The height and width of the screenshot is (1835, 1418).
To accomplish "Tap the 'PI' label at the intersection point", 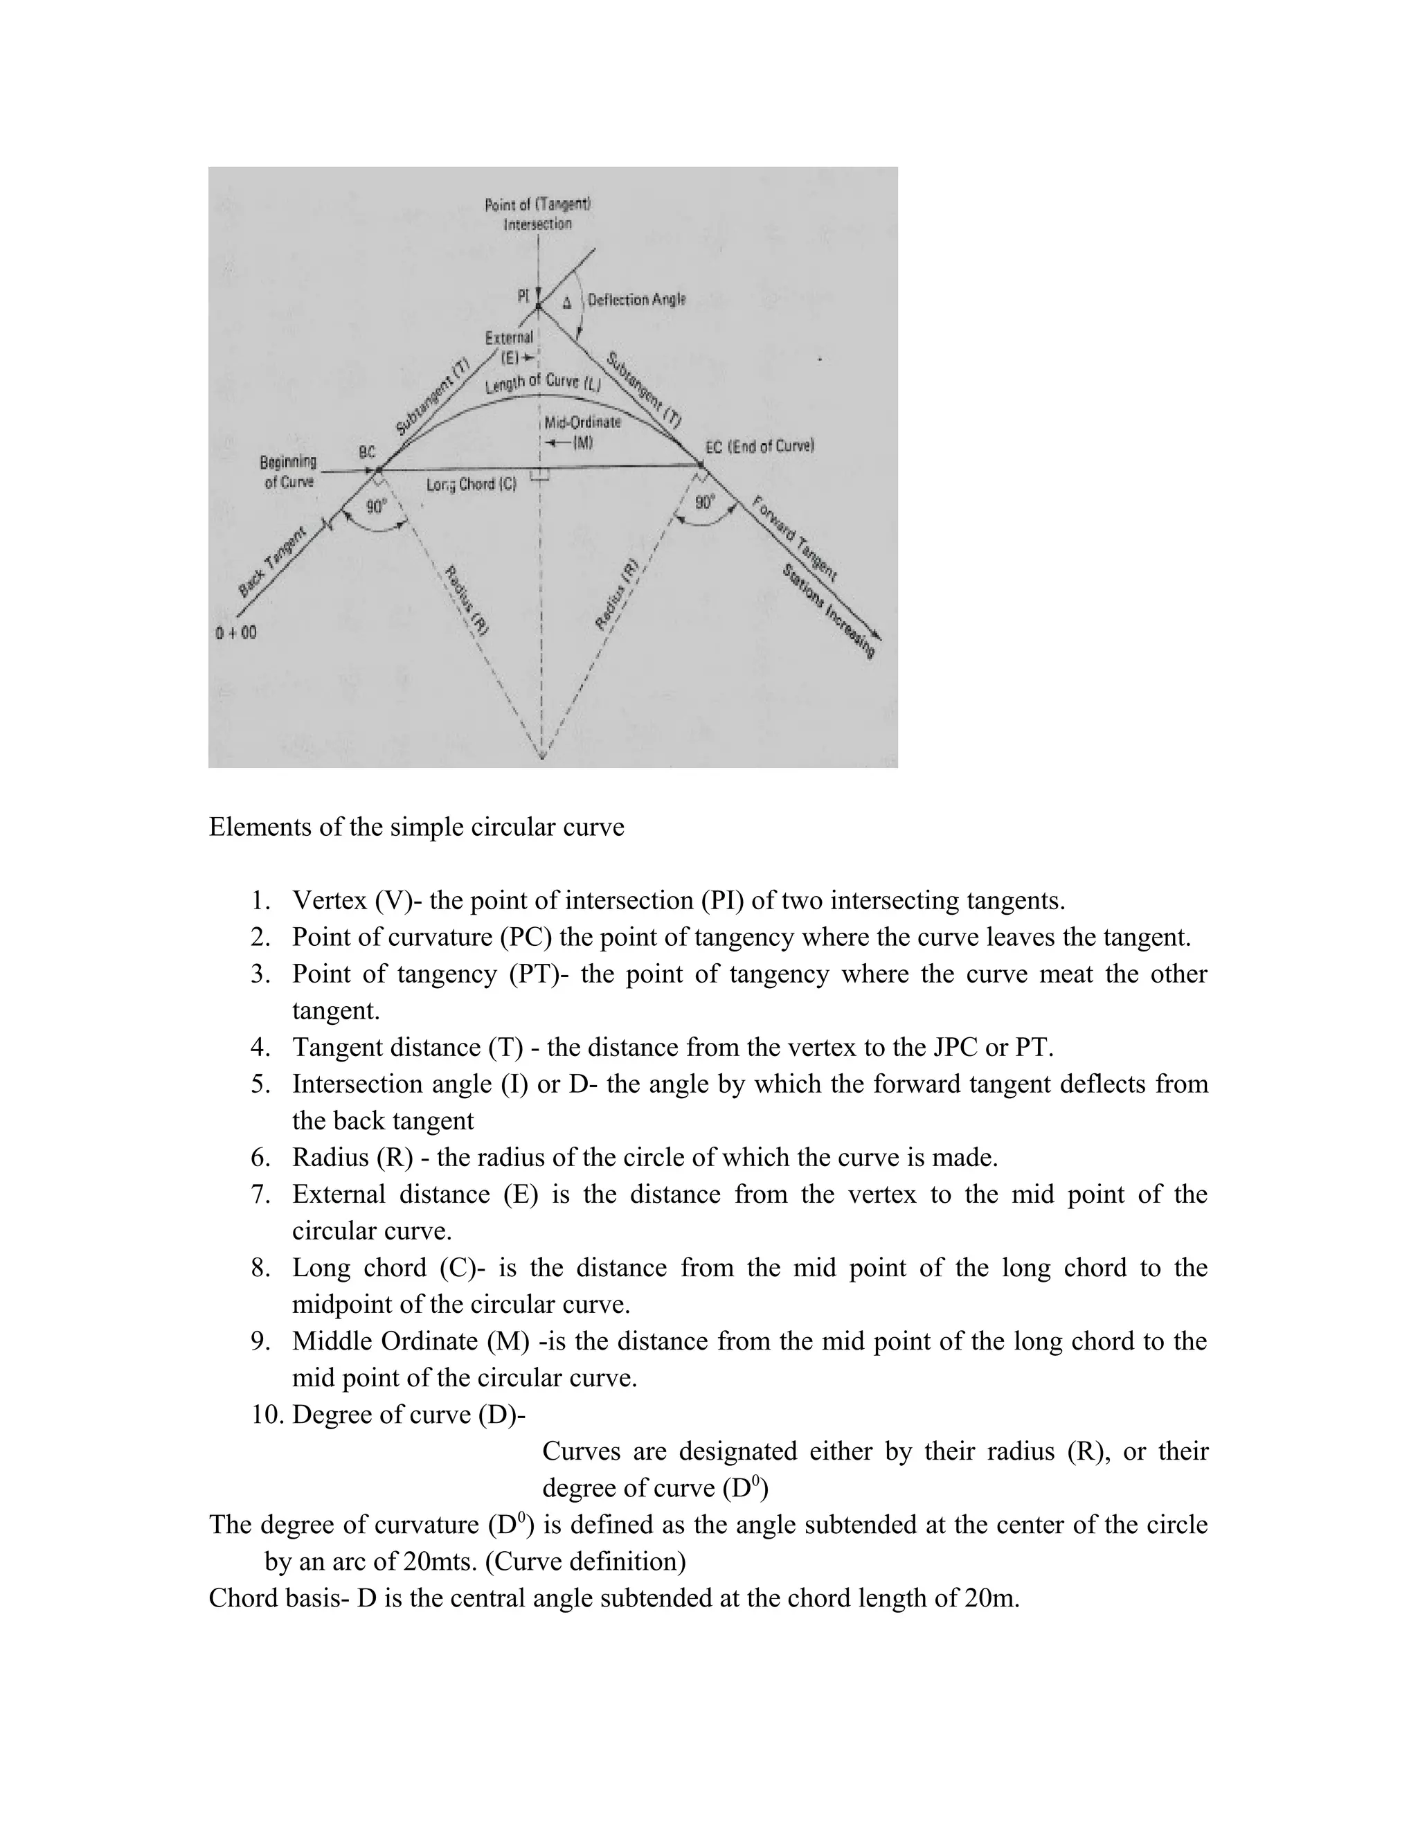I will [x=523, y=295].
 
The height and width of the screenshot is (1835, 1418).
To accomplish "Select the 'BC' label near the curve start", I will [x=367, y=451].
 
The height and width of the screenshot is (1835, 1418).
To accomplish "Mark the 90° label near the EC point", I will [x=705, y=503].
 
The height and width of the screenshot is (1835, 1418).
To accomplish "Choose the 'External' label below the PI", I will [x=509, y=338].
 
